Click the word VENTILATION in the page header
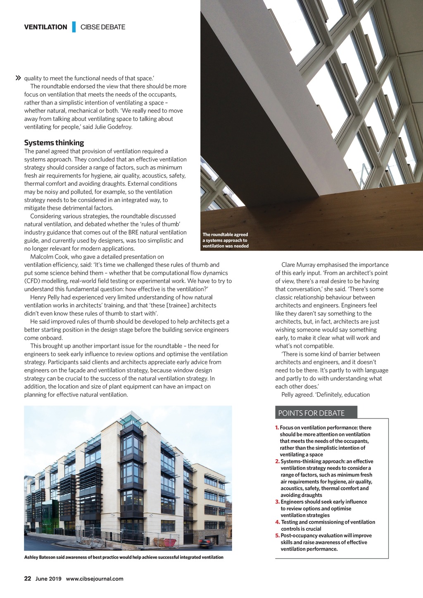tap(45, 27)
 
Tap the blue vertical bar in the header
tap(74, 27)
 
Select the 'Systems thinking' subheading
tap(54, 143)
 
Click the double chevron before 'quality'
tap(18, 78)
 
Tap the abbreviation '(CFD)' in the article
tap(32, 281)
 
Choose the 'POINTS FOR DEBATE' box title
tap(311, 413)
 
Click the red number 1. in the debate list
tap(277, 428)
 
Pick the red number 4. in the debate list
tap(278, 522)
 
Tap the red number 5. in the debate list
tap(278, 536)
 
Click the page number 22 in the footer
tap(28, 579)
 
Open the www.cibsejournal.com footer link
tap(95, 579)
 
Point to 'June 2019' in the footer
tap(48, 579)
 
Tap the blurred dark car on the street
tap(206, 543)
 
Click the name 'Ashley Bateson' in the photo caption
tap(41, 558)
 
